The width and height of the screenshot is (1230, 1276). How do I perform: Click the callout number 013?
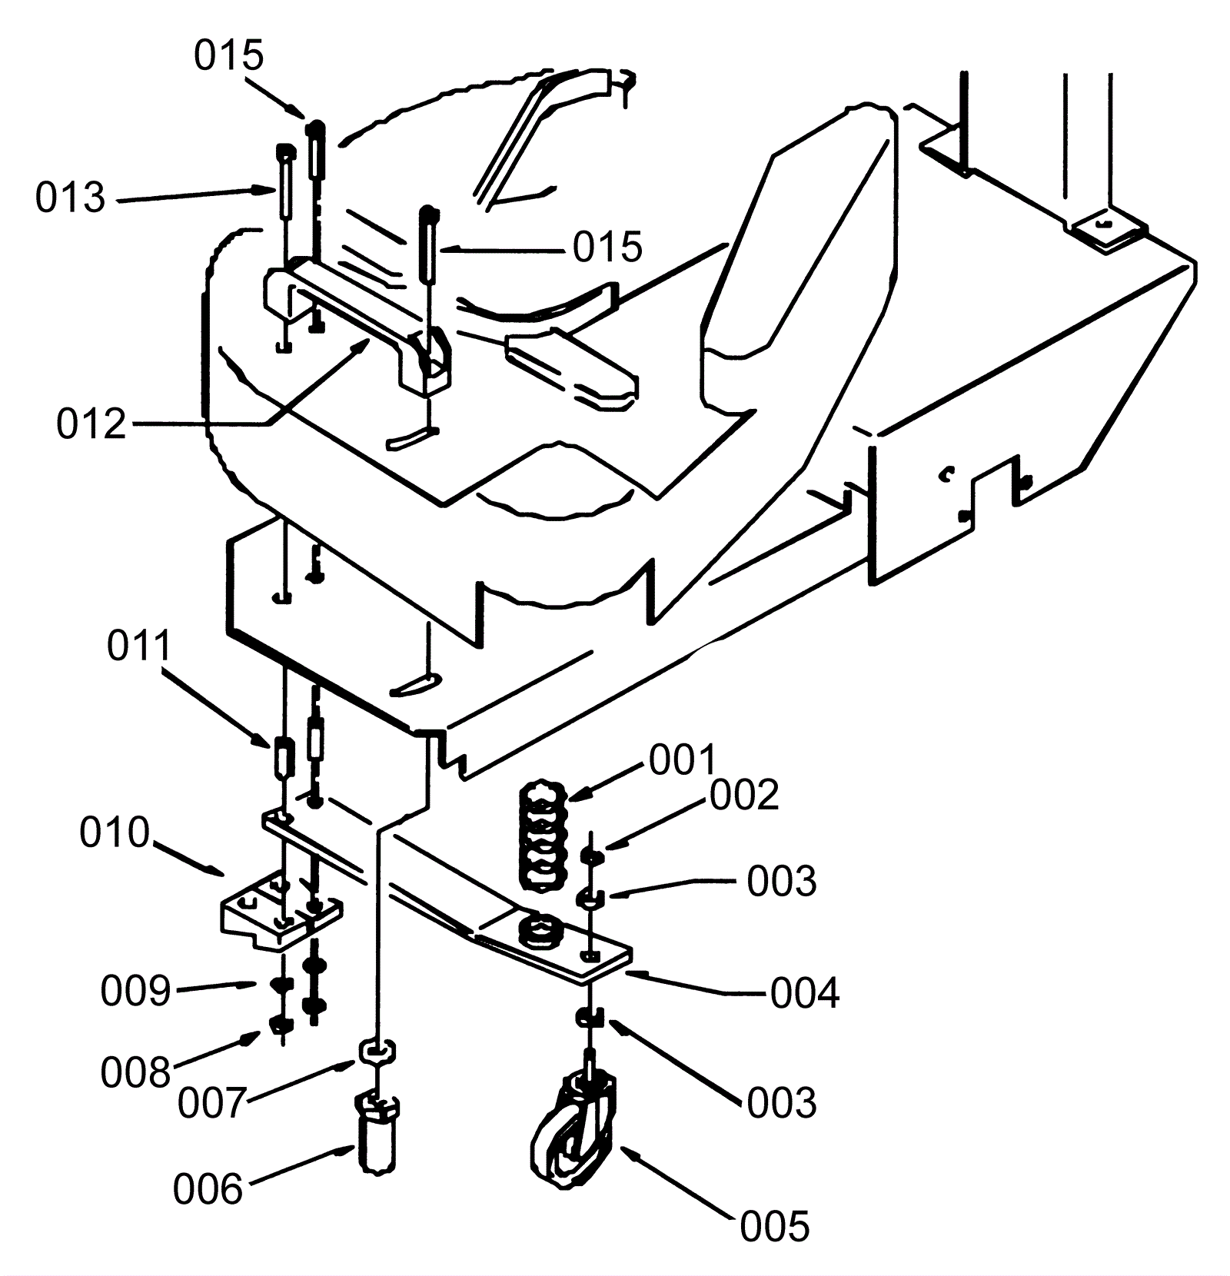(70, 198)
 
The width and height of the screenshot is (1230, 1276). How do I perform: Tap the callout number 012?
(91, 424)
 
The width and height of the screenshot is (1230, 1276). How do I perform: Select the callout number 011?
(138, 646)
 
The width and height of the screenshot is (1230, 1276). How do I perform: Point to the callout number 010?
(115, 832)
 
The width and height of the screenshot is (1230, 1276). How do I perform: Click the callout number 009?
(135, 991)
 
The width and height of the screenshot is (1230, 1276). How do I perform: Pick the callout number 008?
(135, 1072)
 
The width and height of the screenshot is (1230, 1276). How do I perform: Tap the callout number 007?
(213, 1103)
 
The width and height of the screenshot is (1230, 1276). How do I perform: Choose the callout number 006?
(208, 1189)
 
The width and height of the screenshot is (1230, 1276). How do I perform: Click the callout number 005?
(775, 1226)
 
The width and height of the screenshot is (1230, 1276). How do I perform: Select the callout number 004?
(805, 994)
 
